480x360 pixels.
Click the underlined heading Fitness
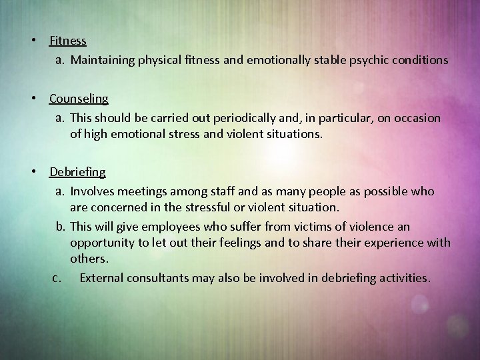[x=68, y=41]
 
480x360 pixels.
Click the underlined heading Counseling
[x=79, y=99]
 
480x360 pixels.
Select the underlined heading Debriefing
[x=77, y=172]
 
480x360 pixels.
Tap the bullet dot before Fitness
[x=32, y=41]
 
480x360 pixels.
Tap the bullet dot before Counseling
[x=32, y=99]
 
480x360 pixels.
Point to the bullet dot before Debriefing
[x=32, y=172]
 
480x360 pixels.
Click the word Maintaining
[x=102, y=60]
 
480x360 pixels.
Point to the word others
[x=88, y=257]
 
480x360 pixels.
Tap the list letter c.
[x=57, y=277]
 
